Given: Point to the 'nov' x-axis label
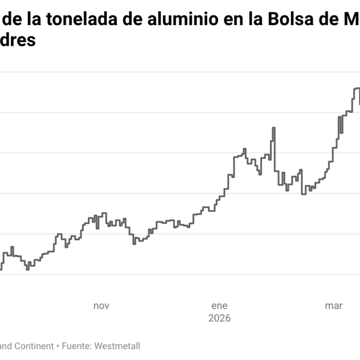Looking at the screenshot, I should [x=102, y=306].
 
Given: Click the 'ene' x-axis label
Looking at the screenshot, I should [x=219, y=306].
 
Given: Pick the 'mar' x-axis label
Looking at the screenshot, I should [x=333, y=306].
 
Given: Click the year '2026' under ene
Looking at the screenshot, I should [x=219, y=318].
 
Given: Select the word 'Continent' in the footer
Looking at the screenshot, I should [x=35, y=346].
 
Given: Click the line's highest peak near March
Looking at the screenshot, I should [x=357, y=88].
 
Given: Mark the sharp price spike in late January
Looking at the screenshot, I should [x=274, y=128].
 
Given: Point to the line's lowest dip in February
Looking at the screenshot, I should [x=303, y=194].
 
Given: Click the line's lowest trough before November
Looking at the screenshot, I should [x=28, y=269].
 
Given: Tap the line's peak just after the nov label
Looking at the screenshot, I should [x=104, y=213].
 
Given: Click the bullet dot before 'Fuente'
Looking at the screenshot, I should [x=58, y=346].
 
